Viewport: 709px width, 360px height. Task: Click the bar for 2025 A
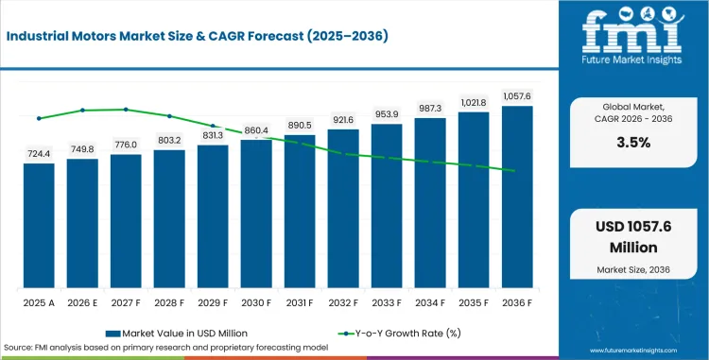click(x=39, y=226)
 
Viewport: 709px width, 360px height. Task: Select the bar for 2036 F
click(x=517, y=197)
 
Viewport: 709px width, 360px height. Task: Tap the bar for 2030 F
click(x=256, y=214)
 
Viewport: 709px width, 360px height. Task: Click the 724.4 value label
click(x=39, y=154)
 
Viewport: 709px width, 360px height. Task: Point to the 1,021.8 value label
click(x=474, y=103)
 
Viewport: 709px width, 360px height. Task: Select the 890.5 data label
click(x=300, y=125)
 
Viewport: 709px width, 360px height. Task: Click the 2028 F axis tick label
click(x=169, y=303)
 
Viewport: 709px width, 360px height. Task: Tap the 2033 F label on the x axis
click(x=387, y=303)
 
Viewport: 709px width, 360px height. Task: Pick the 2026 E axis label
click(x=82, y=303)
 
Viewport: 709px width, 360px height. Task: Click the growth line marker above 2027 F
click(x=126, y=110)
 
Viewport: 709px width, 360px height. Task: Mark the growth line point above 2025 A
click(x=39, y=118)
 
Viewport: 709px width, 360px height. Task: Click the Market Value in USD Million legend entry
click(x=177, y=334)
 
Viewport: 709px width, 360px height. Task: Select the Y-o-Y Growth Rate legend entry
click(x=400, y=334)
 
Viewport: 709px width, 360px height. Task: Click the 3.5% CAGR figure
click(x=633, y=143)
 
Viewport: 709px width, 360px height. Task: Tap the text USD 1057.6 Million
click(x=633, y=237)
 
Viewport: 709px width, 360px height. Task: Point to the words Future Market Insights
click(x=631, y=60)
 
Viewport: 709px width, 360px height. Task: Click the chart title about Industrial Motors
click(x=198, y=37)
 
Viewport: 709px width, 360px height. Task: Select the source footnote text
click(x=166, y=348)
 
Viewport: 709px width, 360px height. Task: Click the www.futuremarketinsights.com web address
click(x=633, y=351)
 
